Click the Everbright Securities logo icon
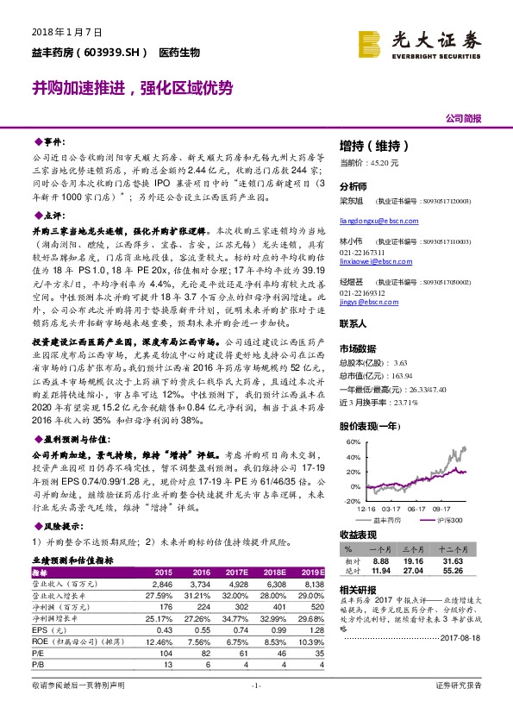point(371,42)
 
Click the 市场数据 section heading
point(357,348)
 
